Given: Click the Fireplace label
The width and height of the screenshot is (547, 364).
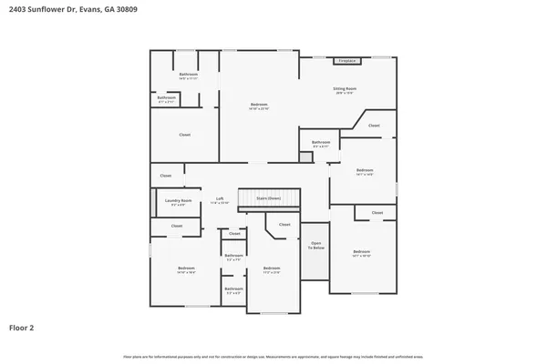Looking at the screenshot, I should coord(346,61).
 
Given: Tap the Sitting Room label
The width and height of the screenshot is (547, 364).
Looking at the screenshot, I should coord(345,89).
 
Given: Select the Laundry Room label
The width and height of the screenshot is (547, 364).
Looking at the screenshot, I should coord(178,201).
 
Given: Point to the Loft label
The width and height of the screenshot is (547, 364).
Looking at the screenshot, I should coord(220,199).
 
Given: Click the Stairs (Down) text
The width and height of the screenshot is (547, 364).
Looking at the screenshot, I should coord(268,197).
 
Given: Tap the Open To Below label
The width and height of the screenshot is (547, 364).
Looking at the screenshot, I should coord(316,245).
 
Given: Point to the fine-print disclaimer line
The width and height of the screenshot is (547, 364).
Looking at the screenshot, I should coord(273,355).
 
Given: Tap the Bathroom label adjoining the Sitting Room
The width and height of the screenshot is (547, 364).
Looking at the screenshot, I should coord(321,142).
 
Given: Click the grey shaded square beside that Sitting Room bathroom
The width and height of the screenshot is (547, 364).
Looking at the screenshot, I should coord(305,157).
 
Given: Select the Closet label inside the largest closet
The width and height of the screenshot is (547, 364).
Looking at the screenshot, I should coord(184,135).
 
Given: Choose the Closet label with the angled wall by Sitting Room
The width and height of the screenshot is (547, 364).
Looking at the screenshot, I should coord(374,126).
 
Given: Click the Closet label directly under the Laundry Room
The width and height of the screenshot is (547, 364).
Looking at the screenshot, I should coord(177,226).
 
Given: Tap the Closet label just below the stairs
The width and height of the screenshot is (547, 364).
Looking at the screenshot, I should coord(284,224).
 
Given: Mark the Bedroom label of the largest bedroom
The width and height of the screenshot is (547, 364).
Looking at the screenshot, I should coord(259,106).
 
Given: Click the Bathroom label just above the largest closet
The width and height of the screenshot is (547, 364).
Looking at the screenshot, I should coord(166,97).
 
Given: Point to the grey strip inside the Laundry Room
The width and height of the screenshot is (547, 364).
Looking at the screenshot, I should coord(153,202).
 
